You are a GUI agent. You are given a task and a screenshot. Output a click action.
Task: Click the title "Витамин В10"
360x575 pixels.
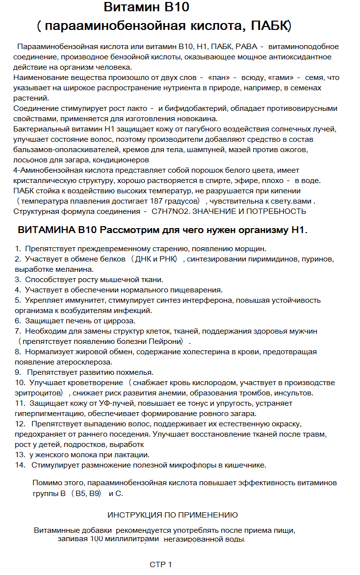coord(147,8)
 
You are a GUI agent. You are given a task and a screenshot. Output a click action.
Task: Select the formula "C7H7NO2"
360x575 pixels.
coord(165,211)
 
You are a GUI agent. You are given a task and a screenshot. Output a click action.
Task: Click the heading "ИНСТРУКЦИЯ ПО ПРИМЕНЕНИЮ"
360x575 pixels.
coord(173,515)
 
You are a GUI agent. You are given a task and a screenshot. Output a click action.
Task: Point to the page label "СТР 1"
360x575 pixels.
coord(161,564)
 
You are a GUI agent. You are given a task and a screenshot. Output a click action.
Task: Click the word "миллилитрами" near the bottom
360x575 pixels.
coord(133,539)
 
